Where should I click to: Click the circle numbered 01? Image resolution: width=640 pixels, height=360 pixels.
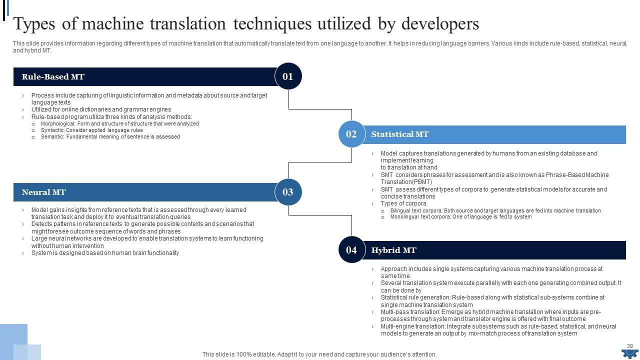(x=288, y=76)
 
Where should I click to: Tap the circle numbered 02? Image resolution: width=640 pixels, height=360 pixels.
(x=351, y=134)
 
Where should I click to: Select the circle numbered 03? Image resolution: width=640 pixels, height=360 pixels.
(x=288, y=192)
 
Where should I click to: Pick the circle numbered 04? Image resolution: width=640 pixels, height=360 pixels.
(x=351, y=250)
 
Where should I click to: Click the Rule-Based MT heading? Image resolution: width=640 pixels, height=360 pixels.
(x=53, y=76)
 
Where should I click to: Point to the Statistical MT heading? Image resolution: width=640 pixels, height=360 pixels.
(x=400, y=134)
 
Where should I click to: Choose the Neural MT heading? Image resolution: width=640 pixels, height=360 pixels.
(x=44, y=192)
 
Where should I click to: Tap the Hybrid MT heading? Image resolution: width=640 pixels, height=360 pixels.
(x=394, y=250)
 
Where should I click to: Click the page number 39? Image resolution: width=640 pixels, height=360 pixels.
(x=630, y=346)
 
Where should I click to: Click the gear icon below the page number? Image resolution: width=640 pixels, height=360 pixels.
(x=629, y=354)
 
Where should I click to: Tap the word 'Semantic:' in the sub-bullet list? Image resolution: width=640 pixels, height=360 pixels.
(x=52, y=136)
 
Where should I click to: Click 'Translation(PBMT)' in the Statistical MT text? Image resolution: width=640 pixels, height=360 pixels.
(x=406, y=182)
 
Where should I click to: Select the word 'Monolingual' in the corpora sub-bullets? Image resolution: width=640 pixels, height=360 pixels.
(x=406, y=217)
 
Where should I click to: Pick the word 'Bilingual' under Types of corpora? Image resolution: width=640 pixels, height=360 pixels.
(x=402, y=210)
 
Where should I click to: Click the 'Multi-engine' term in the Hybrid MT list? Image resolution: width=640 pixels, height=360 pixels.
(x=398, y=326)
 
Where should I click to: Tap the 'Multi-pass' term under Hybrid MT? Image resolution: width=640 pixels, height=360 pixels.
(x=395, y=312)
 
